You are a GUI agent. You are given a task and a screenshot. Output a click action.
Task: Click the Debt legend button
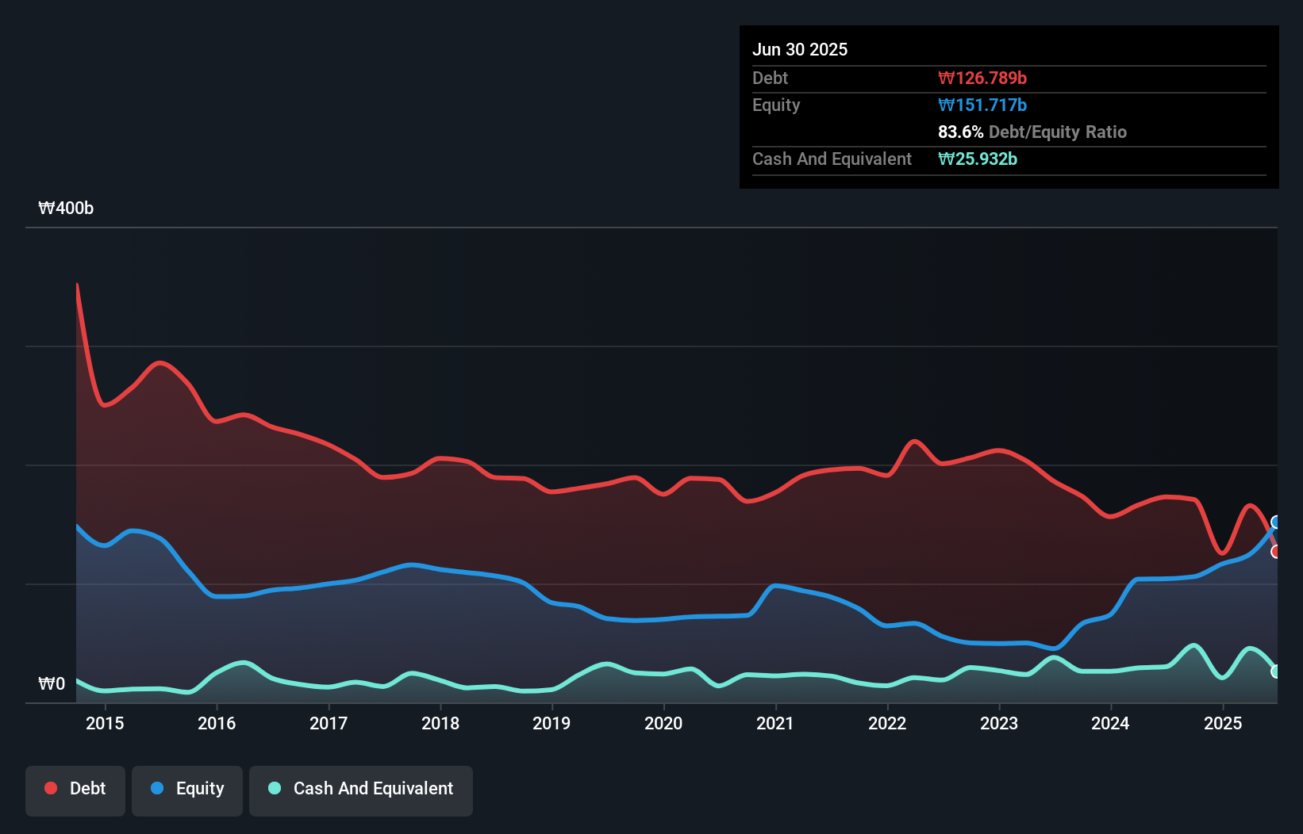pyautogui.click(x=75, y=789)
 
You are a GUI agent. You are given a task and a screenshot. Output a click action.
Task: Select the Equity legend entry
pyautogui.click(x=187, y=789)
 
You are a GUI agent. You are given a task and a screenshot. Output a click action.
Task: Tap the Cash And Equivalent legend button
pyautogui.click(x=361, y=789)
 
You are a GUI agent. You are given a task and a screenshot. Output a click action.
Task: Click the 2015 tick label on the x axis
pyautogui.click(x=105, y=723)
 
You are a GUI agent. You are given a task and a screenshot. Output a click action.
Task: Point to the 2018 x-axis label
pyautogui.click(x=440, y=723)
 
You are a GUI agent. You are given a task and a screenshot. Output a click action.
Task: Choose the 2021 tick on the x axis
pyautogui.click(x=775, y=723)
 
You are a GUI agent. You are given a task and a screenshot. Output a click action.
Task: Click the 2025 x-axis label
pyautogui.click(x=1223, y=723)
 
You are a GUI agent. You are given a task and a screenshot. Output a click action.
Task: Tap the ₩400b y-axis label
pyautogui.click(x=66, y=208)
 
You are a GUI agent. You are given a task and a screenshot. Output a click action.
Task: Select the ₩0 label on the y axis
pyautogui.click(x=52, y=684)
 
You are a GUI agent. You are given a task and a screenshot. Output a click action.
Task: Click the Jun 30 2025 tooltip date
pyautogui.click(x=800, y=50)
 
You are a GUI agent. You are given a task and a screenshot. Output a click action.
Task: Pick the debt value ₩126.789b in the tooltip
pyautogui.click(x=982, y=78)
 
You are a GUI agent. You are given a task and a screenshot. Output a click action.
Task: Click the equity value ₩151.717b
pyautogui.click(x=982, y=105)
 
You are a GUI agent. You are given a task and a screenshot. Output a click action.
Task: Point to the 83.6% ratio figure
pyautogui.click(x=960, y=132)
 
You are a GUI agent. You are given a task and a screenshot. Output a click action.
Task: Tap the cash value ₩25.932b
pyautogui.click(x=978, y=159)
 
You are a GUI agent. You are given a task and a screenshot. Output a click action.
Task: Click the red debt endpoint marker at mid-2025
pyautogui.click(x=1276, y=551)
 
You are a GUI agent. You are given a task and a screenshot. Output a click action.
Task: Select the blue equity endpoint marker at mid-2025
pyautogui.click(x=1276, y=522)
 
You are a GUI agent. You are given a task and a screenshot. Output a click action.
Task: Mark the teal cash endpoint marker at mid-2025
pyautogui.click(x=1276, y=671)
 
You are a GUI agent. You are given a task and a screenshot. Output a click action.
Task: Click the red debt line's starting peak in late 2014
pyautogui.click(x=77, y=285)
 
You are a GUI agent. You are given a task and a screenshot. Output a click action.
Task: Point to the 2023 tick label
pyautogui.click(x=999, y=723)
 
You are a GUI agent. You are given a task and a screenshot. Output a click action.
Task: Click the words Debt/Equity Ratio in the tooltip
pyautogui.click(x=1058, y=132)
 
